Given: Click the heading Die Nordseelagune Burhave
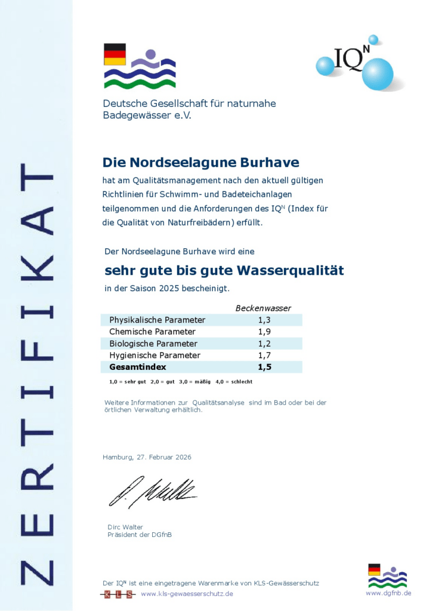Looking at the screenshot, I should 201,162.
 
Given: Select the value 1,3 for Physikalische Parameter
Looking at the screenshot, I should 264,320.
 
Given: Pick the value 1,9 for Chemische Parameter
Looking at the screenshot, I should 264,332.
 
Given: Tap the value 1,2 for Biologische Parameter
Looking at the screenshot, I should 264,344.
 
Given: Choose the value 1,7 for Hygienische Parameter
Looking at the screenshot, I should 264,355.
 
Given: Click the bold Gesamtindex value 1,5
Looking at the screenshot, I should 264,367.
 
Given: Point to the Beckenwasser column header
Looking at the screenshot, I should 263,308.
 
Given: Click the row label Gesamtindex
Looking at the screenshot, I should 138,367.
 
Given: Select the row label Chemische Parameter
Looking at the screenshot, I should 152,332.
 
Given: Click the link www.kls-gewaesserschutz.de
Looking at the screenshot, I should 187,594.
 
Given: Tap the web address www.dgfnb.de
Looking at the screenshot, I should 388,593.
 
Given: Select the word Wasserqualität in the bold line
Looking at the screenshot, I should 291,270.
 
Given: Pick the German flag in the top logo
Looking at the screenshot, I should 115,54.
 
